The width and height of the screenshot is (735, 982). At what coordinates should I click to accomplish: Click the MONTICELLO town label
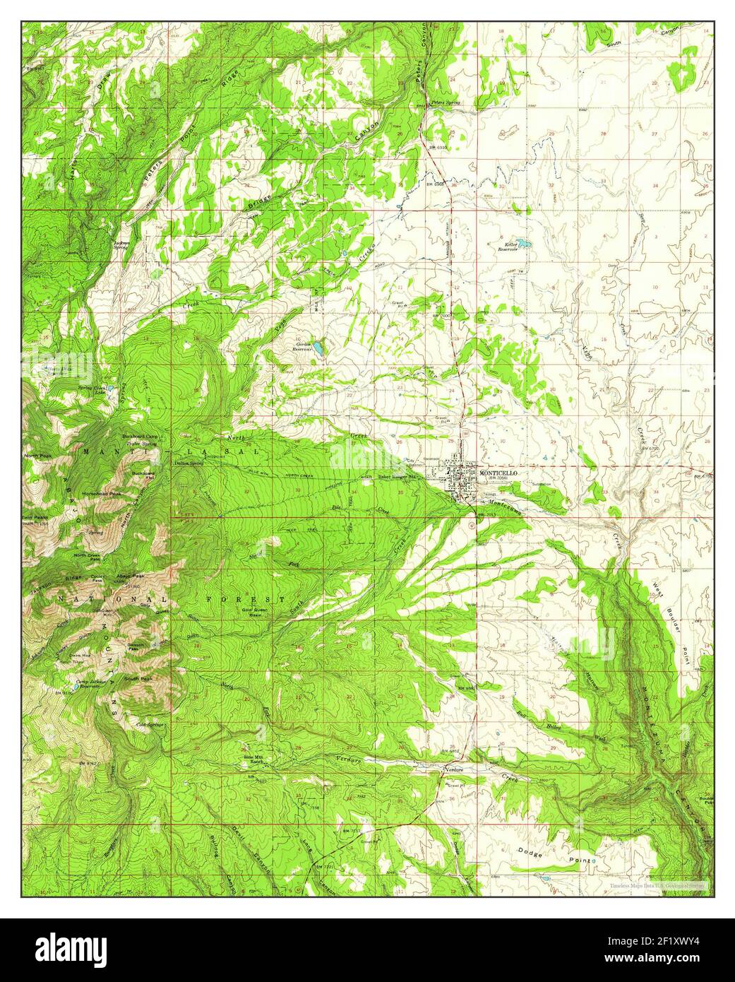coord(499,472)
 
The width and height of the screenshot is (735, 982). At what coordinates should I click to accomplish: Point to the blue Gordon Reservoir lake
coord(319,348)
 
